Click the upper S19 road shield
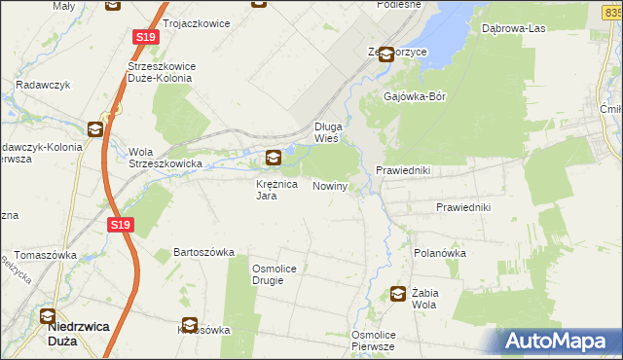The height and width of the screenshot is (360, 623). (145, 37)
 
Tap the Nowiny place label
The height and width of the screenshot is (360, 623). (330, 186)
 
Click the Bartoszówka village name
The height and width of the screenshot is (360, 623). (203, 252)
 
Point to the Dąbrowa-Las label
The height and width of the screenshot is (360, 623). (513, 28)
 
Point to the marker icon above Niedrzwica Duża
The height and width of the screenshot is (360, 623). (48, 315)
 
